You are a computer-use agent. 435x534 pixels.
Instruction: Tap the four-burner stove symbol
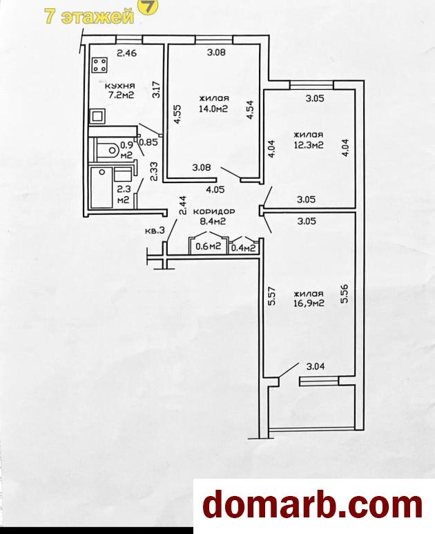coord(100,64)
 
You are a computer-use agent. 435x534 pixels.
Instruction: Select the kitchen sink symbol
coord(97,117)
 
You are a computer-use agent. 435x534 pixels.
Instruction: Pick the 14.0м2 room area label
coord(213,108)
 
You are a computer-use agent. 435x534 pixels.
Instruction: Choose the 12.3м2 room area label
coord(309,145)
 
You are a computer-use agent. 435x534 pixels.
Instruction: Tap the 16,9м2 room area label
coord(309,303)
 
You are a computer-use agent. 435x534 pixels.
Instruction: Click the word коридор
coord(214,211)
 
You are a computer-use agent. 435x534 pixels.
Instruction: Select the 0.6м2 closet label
coord(208,247)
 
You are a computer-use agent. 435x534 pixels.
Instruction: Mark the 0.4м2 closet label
coord(243,248)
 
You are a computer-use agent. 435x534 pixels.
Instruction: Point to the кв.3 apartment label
coord(155,231)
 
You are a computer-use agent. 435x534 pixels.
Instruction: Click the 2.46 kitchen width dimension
coord(126,53)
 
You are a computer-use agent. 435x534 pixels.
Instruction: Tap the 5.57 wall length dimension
coord(271,297)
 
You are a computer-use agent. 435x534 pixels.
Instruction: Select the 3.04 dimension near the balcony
coord(316,367)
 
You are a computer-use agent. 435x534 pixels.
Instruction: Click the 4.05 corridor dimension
coord(215,189)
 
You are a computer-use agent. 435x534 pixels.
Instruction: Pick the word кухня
coord(119,86)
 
